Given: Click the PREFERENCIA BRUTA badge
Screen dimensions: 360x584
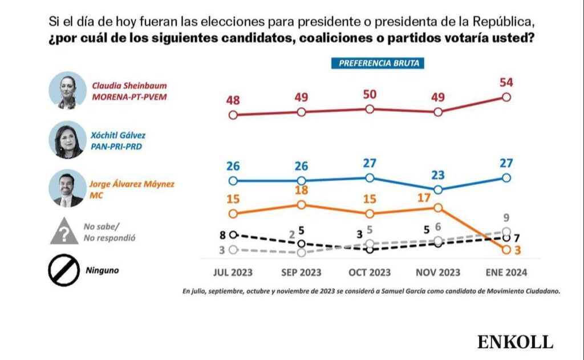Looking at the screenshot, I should [378, 63].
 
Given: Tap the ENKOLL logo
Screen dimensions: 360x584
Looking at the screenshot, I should [516, 342].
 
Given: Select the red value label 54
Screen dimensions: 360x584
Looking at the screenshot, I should [506, 82].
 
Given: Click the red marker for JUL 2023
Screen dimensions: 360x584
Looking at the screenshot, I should [233, 115].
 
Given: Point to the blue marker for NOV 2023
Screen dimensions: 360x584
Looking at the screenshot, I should [438, 189].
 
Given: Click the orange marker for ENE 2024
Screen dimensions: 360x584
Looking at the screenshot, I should [506, 249].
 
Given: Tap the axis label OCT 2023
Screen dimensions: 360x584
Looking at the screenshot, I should [370, 272].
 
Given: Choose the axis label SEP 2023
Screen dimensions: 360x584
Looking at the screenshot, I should [301, 272].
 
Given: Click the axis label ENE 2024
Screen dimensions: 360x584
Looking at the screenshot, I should [506, 272].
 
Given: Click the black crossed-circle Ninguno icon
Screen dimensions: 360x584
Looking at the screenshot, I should [64, 269].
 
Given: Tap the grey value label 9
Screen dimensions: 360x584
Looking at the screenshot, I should [506, 217].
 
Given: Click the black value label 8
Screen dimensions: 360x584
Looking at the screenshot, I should [223, 234].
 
